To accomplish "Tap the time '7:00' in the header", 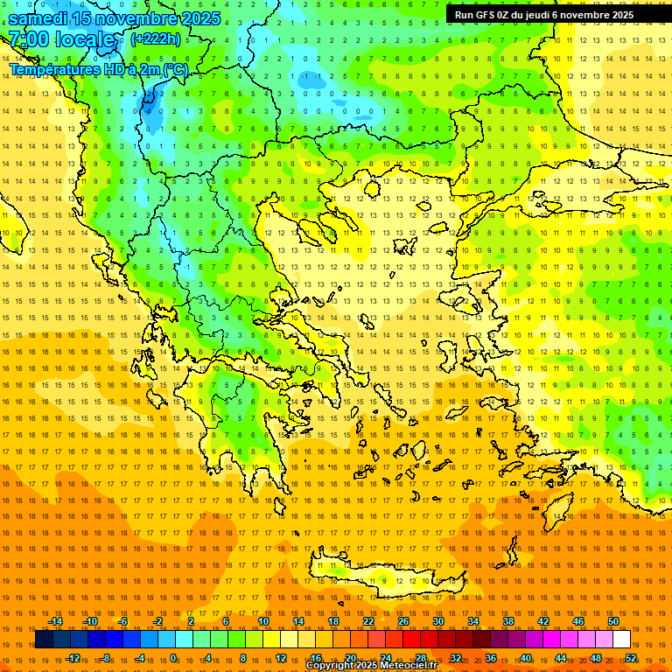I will pyautogui.click(x=30, y=39).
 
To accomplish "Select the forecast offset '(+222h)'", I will pyautogui.click(x=156, y=38).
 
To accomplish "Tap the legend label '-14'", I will pyautogui.click(x=56, y=621).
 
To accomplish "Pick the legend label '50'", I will pyautogui.click(x=613, y=621).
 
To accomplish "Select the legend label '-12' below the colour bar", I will pyautogui.click(x=73, y=658).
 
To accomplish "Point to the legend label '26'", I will pyautogui.click(x=403, y=621).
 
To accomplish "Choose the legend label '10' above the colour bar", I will pyautogui.click(x=262, y=621).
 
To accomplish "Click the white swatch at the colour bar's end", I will pyautogui.click(x=621, y=640).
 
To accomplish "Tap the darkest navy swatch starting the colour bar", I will pyautogui.click(x=44, y=640).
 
